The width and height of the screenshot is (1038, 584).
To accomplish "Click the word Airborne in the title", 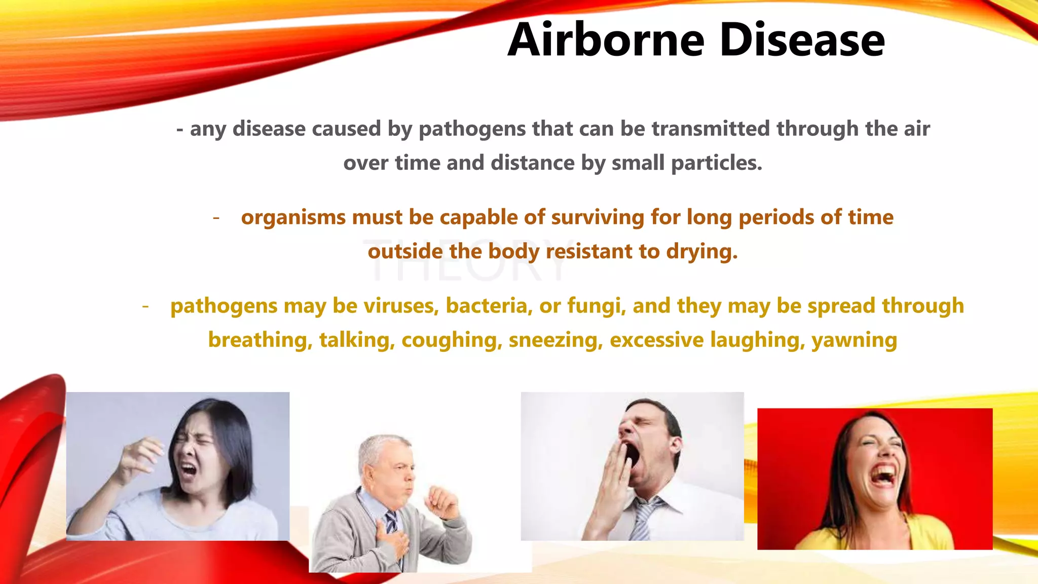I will pyautogui.click(x=606, y=40).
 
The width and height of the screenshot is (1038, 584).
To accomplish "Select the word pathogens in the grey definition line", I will pyautogui.click(x=472, y=129).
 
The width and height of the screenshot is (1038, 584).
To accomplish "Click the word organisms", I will pyautogui.click(x=293, y=217).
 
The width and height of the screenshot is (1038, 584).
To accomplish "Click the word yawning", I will pyautogui.click(x=854, y=340).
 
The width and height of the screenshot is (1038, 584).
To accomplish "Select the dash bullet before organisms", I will pyautogui.click(x=216, y=217).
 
